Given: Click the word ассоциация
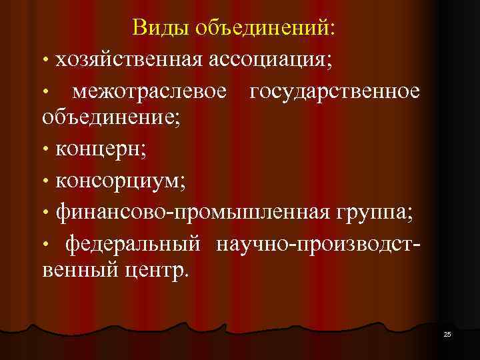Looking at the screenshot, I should point(269,59).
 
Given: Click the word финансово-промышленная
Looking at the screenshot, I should point(192,211).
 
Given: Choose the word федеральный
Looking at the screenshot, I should point(132,243).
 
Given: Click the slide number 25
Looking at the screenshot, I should point(447,333).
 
